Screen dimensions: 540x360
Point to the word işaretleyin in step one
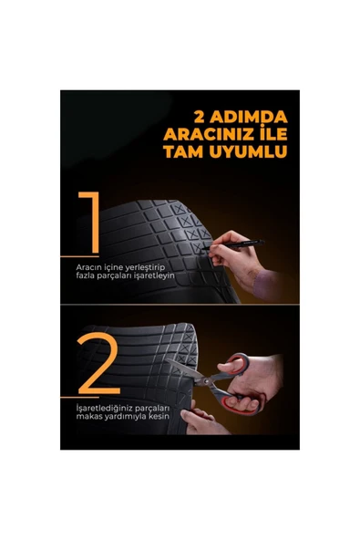click(152, 275)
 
